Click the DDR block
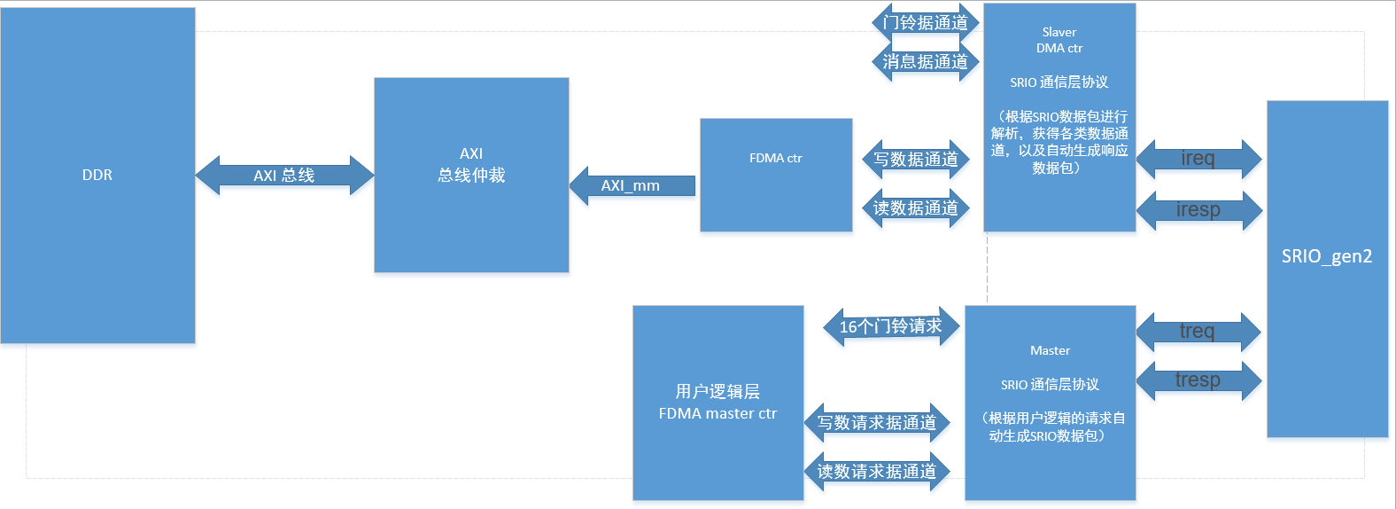point(97,175)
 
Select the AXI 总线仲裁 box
point(471,175)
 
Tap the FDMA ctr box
point(776,175)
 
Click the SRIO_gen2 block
point(1327,268)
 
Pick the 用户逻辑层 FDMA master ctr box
point(717,403)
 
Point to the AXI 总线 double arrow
point(284,176)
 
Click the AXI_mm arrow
point(631,185)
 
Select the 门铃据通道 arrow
point(926,22)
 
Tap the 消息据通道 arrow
point(926,62)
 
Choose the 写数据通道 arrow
point(916,160)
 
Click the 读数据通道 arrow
point(916,208)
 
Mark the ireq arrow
point(1198,159)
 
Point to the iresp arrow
point(1198,210)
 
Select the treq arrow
point(1198,332)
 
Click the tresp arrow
point(1198,380)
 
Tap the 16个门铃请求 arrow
point(891,326)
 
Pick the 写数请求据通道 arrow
point(877,423)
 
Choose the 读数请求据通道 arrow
point(877,472)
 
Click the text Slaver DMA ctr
point(1059,40)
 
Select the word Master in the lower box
point(1050,350)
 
